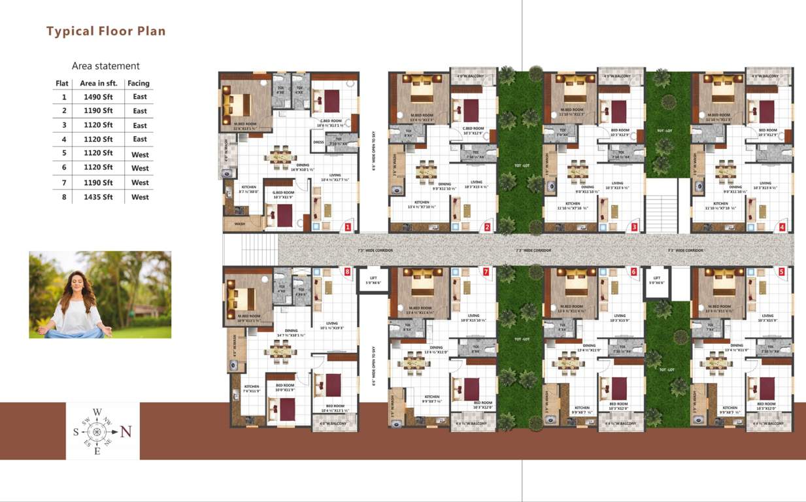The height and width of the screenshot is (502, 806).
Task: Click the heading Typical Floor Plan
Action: point(106,31)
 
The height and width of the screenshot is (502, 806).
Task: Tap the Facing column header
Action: point(139,83)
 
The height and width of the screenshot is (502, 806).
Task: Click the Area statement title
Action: point(106,66)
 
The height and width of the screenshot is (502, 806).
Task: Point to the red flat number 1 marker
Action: point(348,227)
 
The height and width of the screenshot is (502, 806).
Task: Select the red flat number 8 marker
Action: point(347,271)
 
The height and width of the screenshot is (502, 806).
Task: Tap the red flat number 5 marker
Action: point(781,271)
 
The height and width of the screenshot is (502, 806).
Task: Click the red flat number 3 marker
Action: point(634,227)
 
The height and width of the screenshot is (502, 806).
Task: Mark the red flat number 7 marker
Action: point(485,271)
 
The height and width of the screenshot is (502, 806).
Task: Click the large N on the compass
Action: point(126,431)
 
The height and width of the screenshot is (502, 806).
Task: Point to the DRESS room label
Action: point(318,142)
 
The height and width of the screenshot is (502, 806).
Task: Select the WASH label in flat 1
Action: point(239,224)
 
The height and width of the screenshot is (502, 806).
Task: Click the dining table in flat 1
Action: point(282,157)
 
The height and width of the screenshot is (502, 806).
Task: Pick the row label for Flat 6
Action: point(64,168)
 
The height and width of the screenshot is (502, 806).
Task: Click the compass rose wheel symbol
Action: point(97,431)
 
